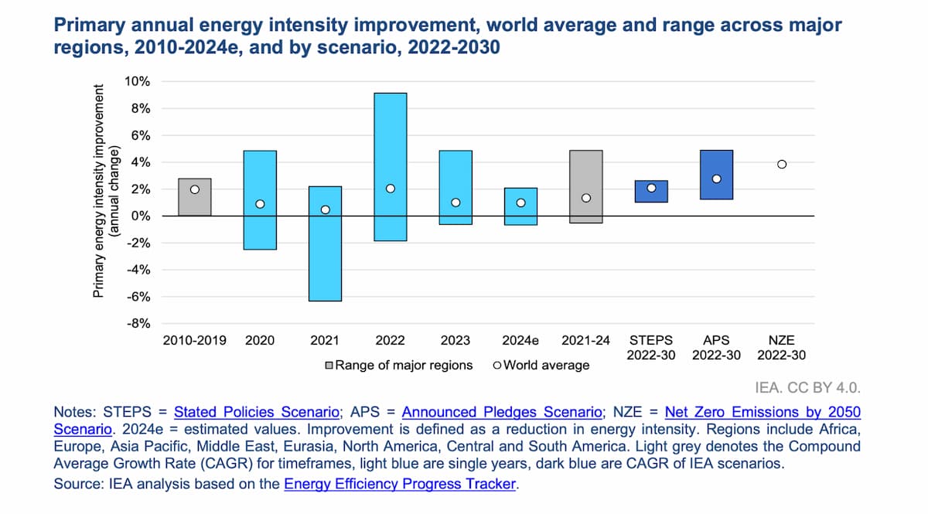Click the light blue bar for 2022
point(391,139)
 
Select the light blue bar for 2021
point(325,255)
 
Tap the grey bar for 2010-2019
point(195,197)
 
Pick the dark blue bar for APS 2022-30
point(717,162)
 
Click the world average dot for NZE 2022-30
point(782,164)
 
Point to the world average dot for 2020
point(260,204)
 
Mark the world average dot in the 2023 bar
point(455,203)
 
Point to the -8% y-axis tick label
point(138,324)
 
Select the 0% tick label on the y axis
point(140,216)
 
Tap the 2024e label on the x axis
point(520,339)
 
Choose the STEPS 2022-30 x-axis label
point(651,347)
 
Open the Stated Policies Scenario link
point(256,412)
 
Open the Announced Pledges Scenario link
point(502,412)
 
